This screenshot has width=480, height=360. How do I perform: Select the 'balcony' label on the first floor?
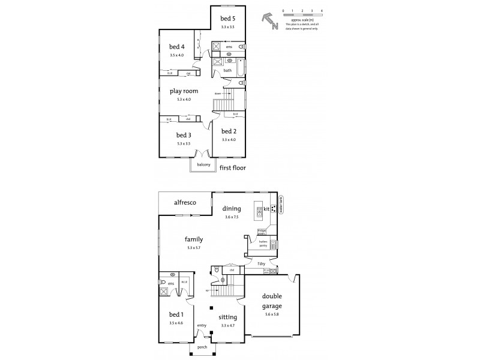200,164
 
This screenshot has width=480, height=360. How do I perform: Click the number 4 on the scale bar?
322,11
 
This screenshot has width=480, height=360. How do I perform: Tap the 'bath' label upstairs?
228,70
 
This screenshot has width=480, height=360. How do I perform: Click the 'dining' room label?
232,209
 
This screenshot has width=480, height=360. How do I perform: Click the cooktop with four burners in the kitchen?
273,209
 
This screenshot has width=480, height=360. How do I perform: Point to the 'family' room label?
193,239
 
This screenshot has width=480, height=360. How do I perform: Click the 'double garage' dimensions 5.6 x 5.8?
272,314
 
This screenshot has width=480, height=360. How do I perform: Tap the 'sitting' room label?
228,317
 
